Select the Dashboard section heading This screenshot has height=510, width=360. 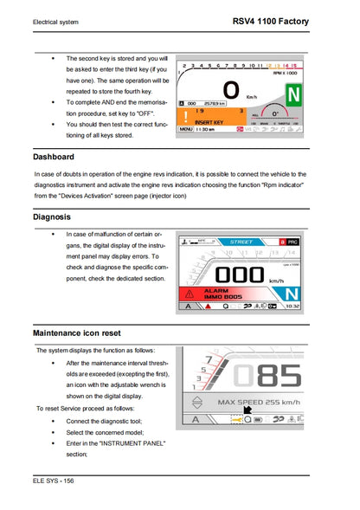pyautogui.click(x=54, y=157)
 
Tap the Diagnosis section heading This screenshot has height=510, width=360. pyautogui.click(x=52, y=217)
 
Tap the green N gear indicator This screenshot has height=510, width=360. pyautogui.click(x=292, y=94)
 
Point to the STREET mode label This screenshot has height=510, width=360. pyautogui.click(x=241, y=242)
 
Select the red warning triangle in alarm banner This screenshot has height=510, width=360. pyautogui.click(x=189, y=293)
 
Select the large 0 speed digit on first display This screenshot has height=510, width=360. pyautogui.click(x=230, y=90)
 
